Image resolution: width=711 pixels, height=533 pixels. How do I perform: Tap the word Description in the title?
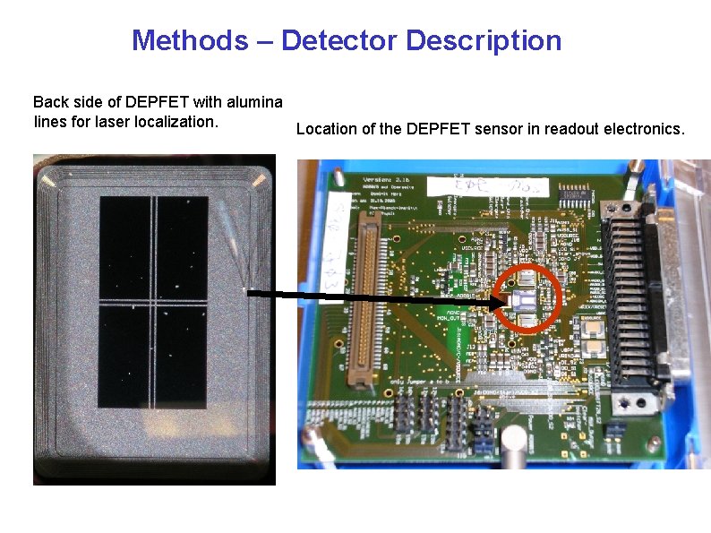(x=484, y=40)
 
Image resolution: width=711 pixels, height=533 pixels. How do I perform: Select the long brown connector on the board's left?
(x=366, y=301)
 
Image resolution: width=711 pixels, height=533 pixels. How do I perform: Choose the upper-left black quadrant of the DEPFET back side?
(x=126, y=246)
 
